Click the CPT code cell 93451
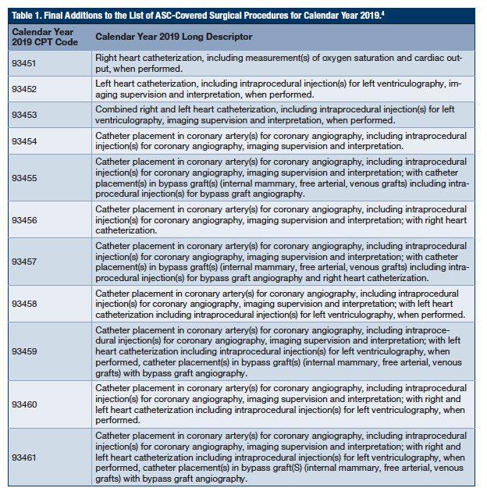(x=24, y=63)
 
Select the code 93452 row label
(x=24, y=89)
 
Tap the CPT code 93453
(x=24, y=115)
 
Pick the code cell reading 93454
(x=24, y=141)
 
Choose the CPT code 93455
(x=24, y=177)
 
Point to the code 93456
(x=24, y=220)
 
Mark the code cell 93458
(x=24, y=304)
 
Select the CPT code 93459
(x=24, y=351)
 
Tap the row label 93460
(x=24, y=404)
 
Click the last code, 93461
(x=24, y=457)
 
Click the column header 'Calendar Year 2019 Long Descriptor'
(x=173, y=37)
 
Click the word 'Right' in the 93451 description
(x=106, y=58)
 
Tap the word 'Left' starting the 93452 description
(x=104, y=84)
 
